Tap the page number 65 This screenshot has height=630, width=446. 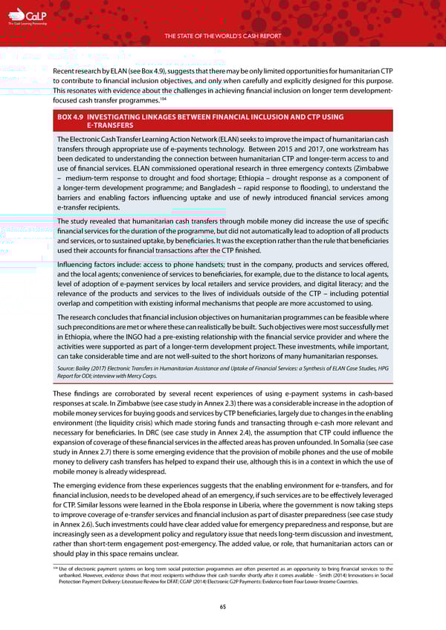point(223,606)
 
